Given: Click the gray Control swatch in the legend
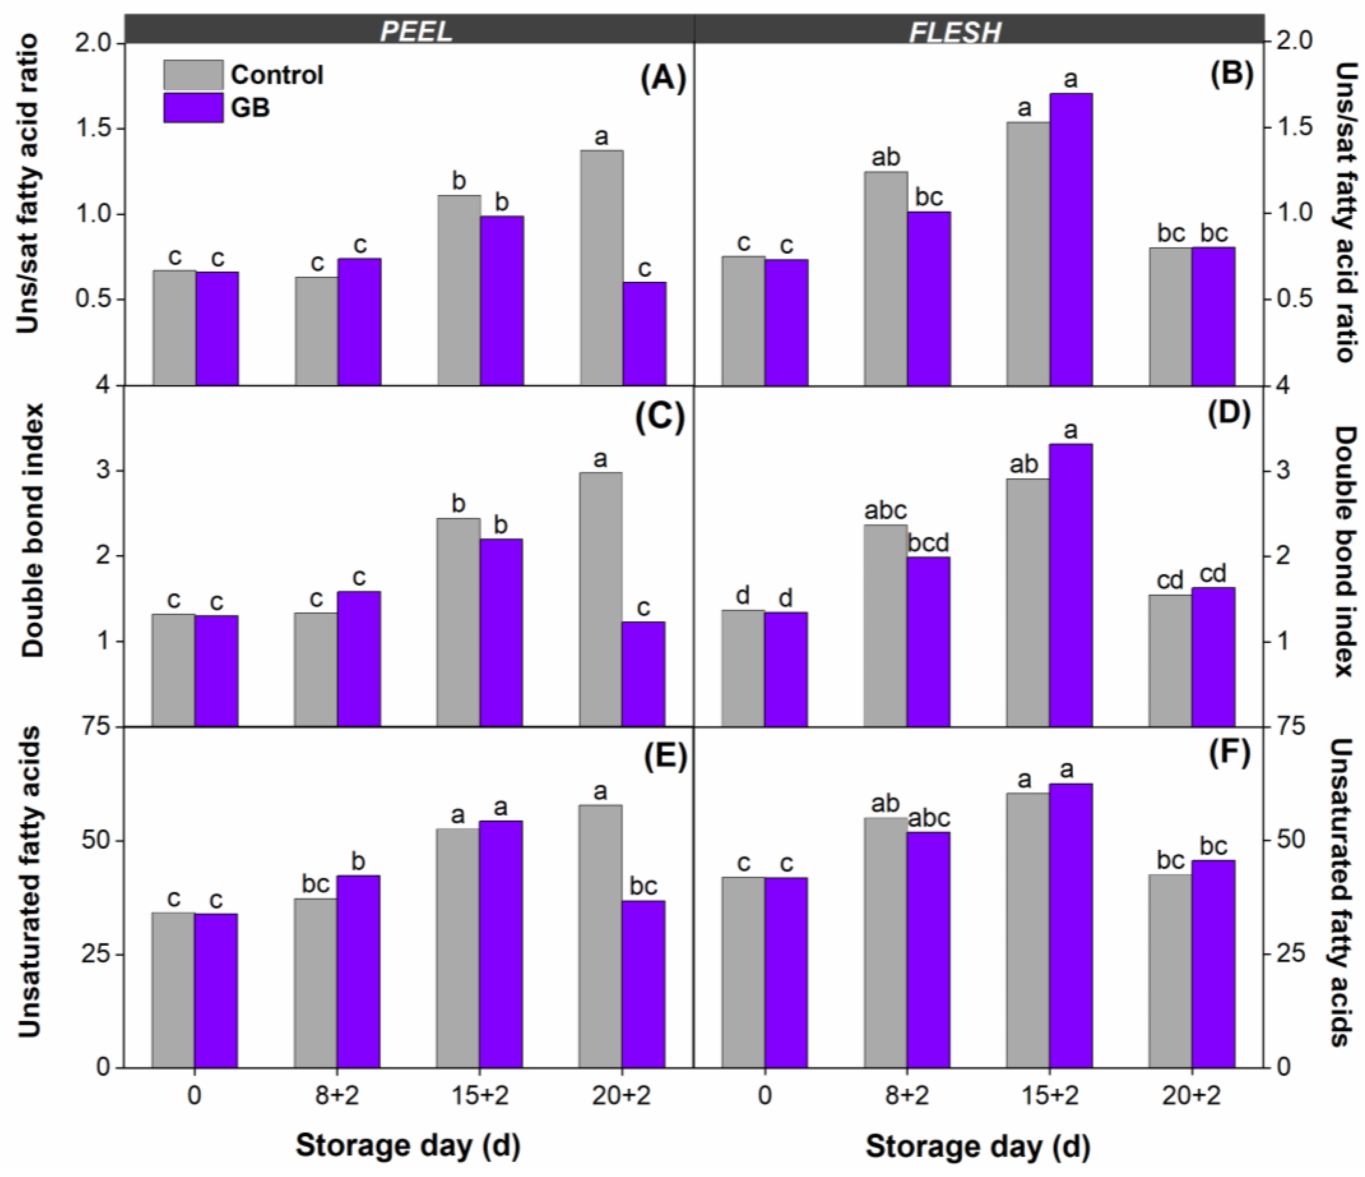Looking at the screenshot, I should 193,75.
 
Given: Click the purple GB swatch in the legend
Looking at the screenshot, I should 193,108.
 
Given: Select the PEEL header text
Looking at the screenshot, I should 416,31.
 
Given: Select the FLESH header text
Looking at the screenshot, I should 955,31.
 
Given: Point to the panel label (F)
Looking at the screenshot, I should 1230,753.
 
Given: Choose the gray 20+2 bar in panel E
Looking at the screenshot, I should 601,936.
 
